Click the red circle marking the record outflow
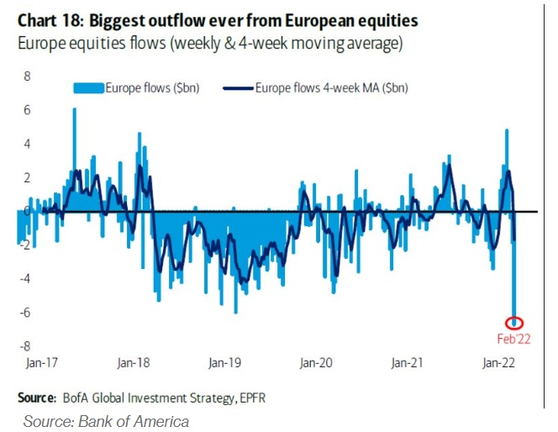pos(514,323)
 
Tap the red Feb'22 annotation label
pos(514,339)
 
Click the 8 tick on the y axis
pos(26,76)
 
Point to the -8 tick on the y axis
pos(24,345)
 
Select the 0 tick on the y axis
pos(27,211)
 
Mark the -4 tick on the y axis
pos(24,278)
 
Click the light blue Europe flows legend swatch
pos(87,87)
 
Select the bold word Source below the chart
pos(36,396)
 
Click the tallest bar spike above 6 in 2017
pos(74,111)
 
